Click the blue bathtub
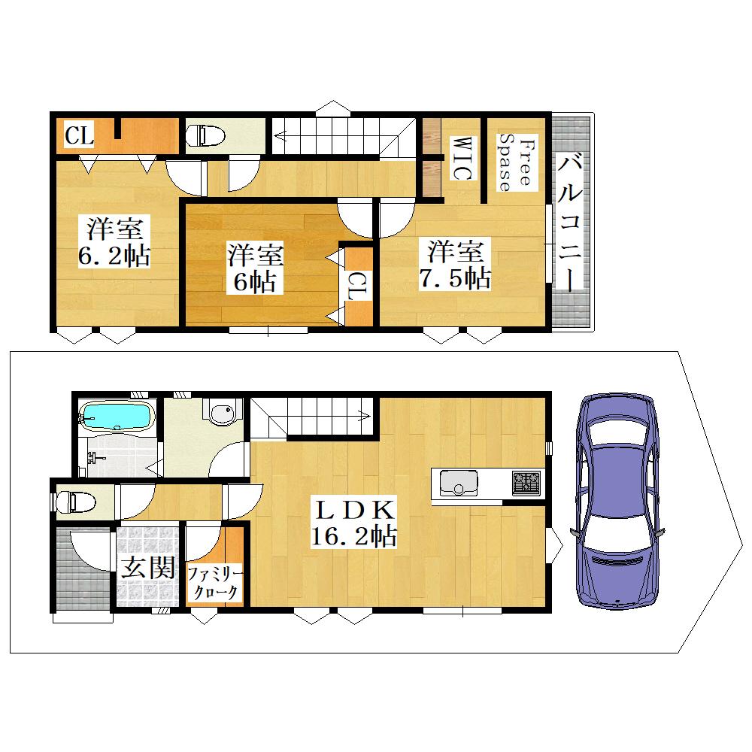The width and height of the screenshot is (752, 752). tap(117, 415)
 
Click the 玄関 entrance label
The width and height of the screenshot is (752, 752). tap(147, 568)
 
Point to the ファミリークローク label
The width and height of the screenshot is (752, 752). tap(215, 584)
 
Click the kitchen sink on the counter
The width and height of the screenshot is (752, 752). tap(459, 483)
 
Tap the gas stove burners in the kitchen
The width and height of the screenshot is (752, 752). tap(526, 483)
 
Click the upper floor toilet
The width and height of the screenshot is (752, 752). tap(205, 135)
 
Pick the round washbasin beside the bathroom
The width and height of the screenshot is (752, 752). tap(223, 414)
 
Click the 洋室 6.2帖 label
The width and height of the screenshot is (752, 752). tap(114, 241)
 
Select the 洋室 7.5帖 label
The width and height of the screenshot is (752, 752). tap(455, 264)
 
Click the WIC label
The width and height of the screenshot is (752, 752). tap(462, 158)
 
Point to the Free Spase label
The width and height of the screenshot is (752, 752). tap(517, 162)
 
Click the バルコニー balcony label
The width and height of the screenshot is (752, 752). tap(571, 222)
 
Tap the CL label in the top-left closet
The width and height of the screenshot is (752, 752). tap(79, 135)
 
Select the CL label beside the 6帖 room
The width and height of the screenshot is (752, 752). tap(358, 286)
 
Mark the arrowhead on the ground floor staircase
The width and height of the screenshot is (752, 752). tap(366, 416)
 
